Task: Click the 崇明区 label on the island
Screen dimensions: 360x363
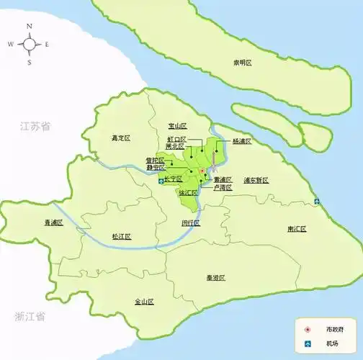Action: [242, 63]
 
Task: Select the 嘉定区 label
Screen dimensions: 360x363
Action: [120, 138]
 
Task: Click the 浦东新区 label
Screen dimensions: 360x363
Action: [255, 179]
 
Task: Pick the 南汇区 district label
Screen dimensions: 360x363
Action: [296, 228]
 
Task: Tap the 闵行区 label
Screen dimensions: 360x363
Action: [190, 222]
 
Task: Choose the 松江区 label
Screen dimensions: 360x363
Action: [121, 236]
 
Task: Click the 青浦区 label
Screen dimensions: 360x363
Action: [54, 222]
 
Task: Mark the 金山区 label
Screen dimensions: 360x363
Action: [144, 302]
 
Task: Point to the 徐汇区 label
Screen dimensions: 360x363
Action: [187, 194]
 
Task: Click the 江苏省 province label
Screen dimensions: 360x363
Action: [35, 126]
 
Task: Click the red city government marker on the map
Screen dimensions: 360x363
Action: [202, 171]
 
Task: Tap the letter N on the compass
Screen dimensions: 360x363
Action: [30, 27]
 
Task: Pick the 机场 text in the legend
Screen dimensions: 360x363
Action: [332, 343]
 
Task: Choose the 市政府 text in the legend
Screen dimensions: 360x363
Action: [335, 328]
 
